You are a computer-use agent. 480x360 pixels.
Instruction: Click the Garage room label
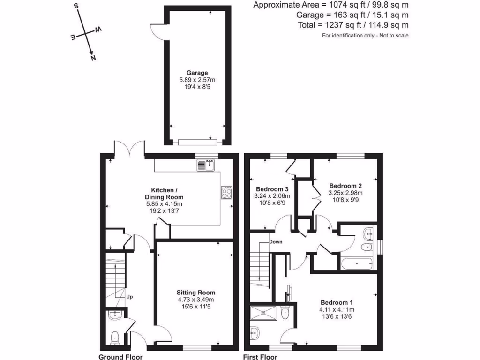click(x=197, y=73)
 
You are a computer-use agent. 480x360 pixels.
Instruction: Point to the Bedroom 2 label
click(x=345, y=185)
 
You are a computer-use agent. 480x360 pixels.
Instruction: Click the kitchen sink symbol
click(x=206, y=165)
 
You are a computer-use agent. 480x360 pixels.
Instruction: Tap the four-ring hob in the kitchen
click(x=227, y=193)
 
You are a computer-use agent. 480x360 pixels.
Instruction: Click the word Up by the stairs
click(x=129, y=297)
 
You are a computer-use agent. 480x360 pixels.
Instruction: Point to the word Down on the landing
click(x=275, y=242)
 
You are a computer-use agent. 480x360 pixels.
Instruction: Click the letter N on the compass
click(x=93, y=58)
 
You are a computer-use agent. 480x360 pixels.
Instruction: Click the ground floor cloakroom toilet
click(x=114, y=337)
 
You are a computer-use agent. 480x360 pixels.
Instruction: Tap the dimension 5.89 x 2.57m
click(x=197, y=80)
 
